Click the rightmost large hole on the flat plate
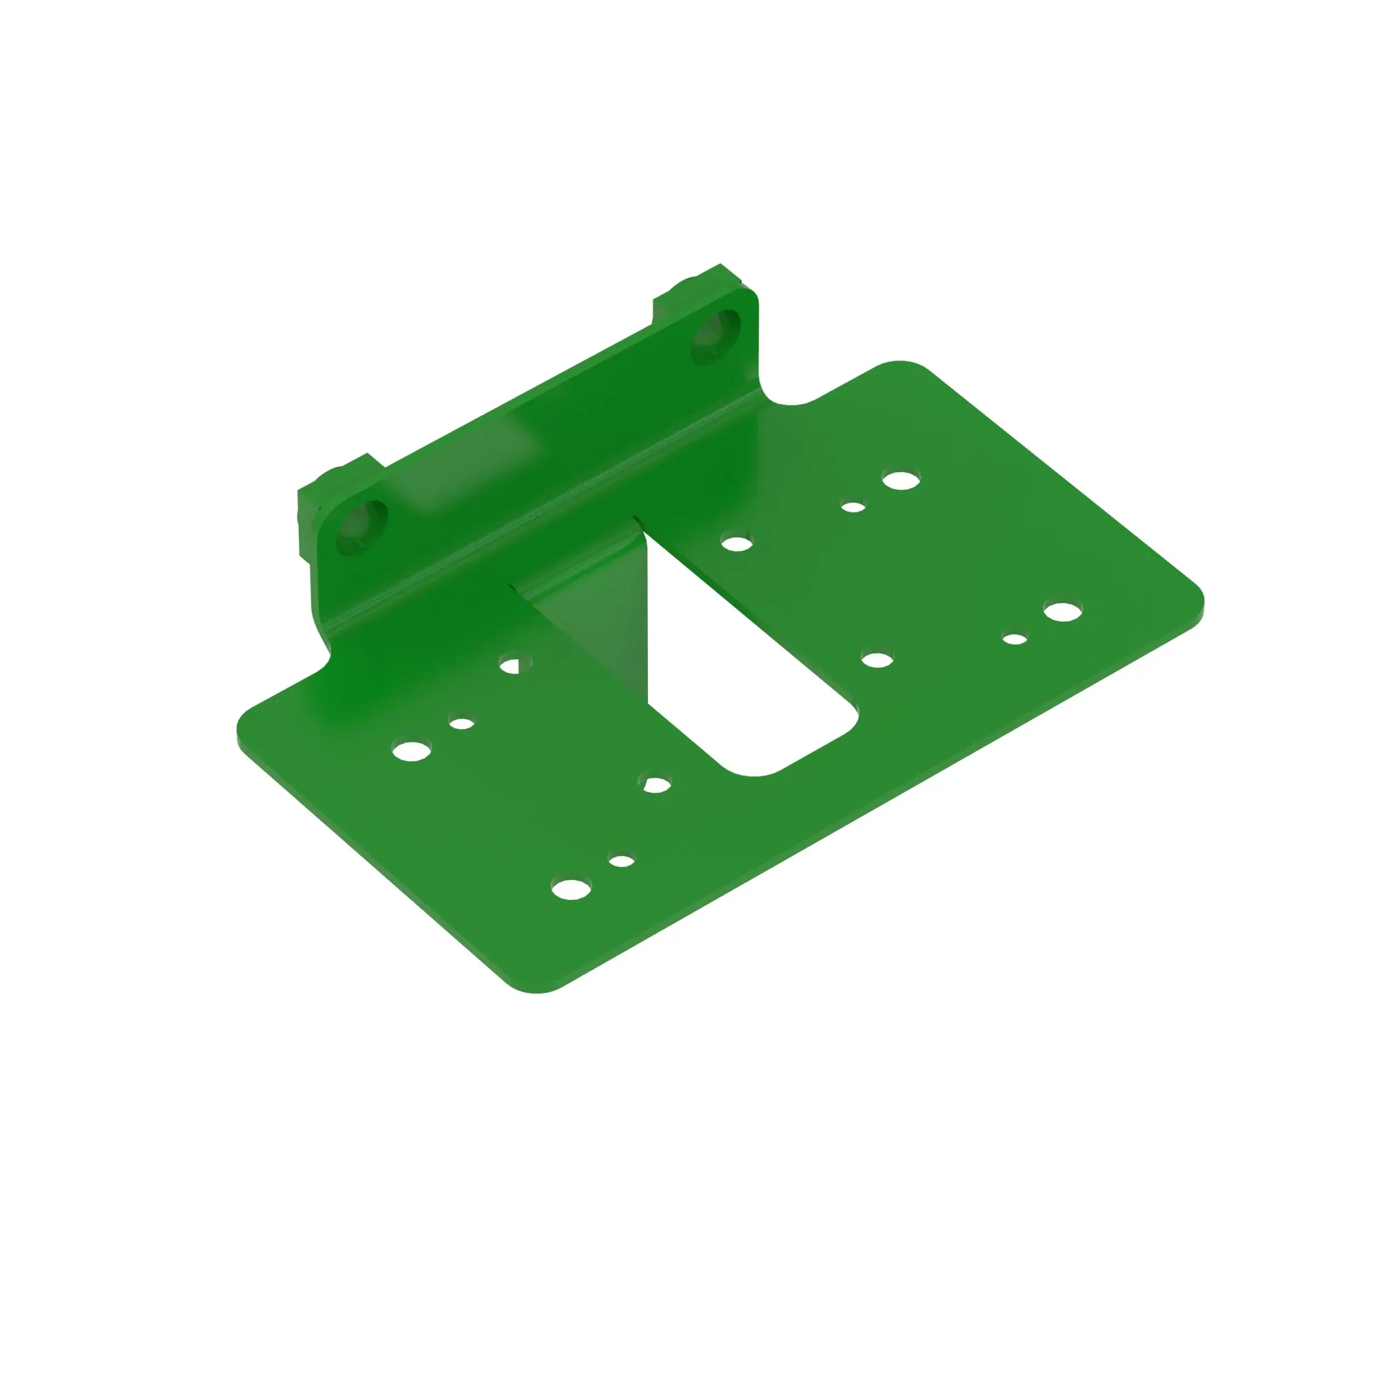click(x=1063, y=611)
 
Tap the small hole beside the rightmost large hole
click(x=1015, y=639)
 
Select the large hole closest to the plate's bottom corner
click(x=572, y=889)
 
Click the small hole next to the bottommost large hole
click(x=622, y=861)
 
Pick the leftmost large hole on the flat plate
click(x=412, y=750)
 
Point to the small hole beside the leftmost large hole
click(x=462, y=724)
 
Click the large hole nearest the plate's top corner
click(x=901, y=480)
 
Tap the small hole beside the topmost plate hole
click(x=853, y=507)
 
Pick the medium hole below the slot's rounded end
click(x=655, y=785)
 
